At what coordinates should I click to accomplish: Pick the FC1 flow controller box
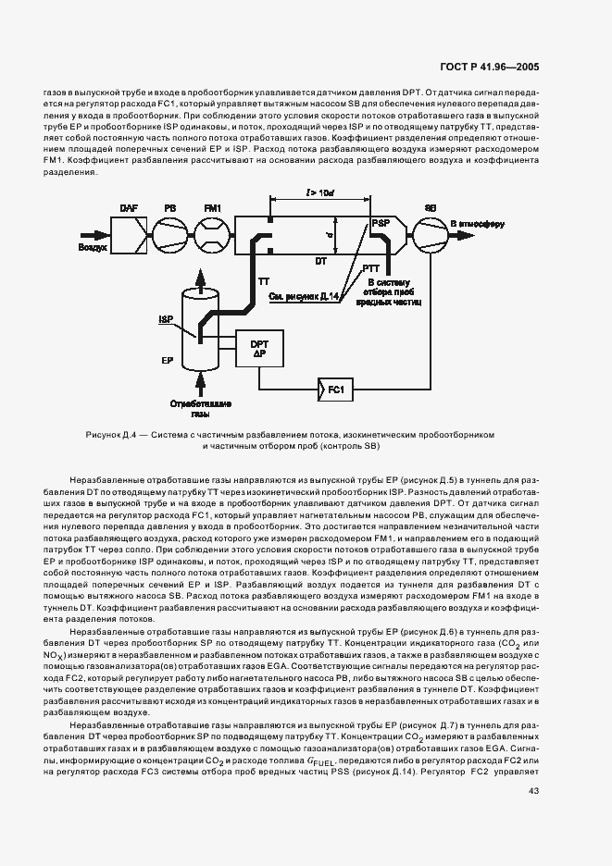(335, 390)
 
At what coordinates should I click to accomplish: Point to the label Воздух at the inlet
(93, 249)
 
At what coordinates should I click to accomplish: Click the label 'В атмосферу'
(477, 224)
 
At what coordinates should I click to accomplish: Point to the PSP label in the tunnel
(380, 224)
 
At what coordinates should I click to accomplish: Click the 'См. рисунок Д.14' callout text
(303, 296)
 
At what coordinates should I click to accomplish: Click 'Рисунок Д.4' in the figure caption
(113, 433)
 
